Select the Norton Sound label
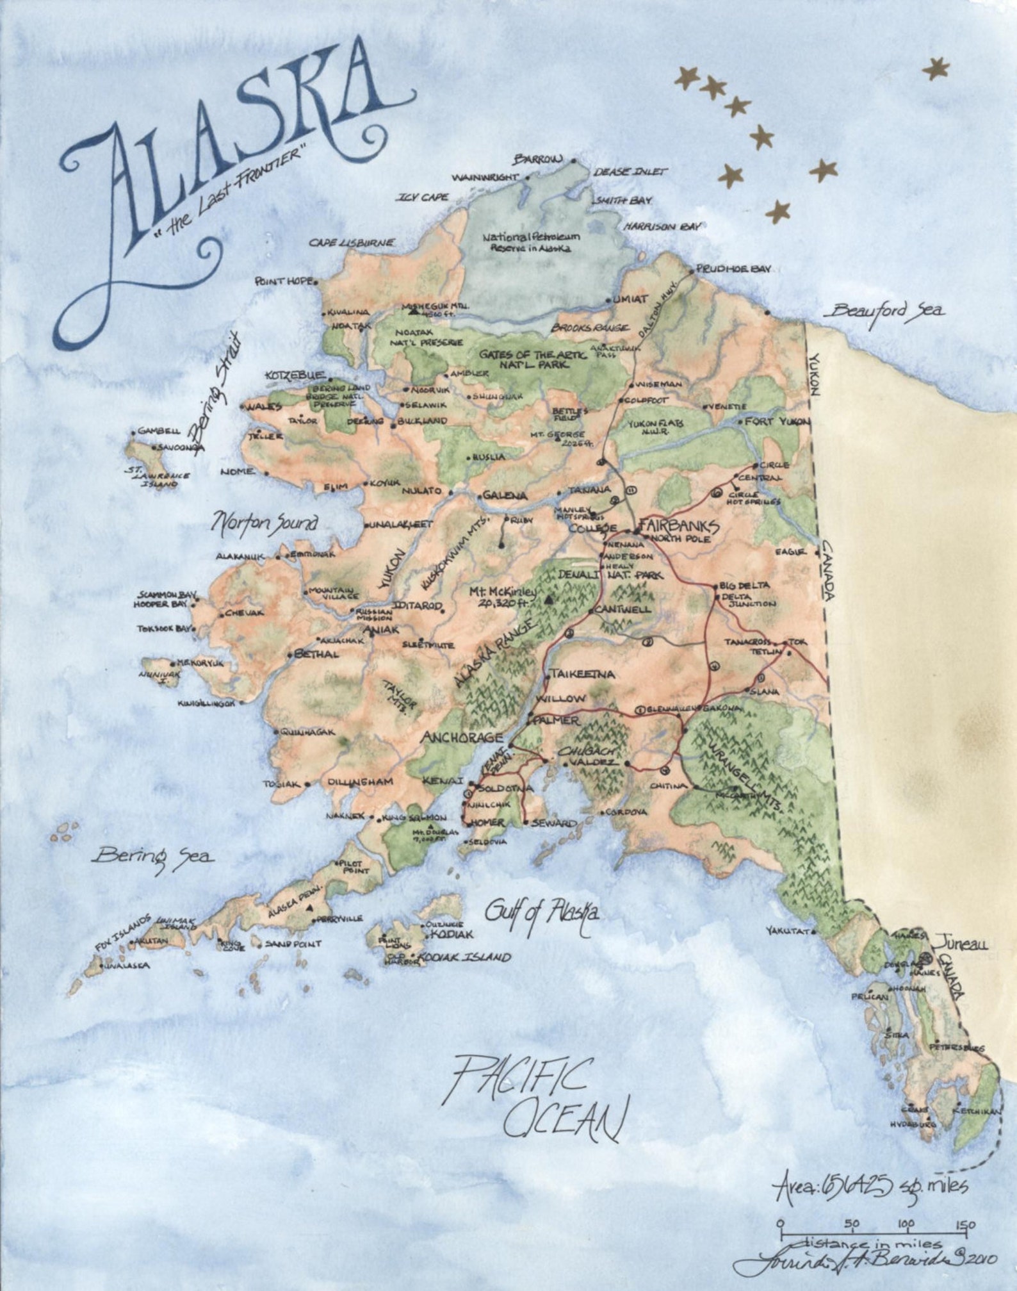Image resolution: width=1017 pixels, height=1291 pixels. (264, 523)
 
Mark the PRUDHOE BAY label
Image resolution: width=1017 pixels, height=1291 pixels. (734, 269)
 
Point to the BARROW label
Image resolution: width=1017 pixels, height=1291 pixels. (537, 159)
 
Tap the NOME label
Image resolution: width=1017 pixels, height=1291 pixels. (237, 472)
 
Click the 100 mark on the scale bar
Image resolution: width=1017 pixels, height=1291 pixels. (906, 1224)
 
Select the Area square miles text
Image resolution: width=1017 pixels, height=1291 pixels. (871, 1187)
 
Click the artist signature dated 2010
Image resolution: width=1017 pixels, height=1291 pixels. (865, 1260)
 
